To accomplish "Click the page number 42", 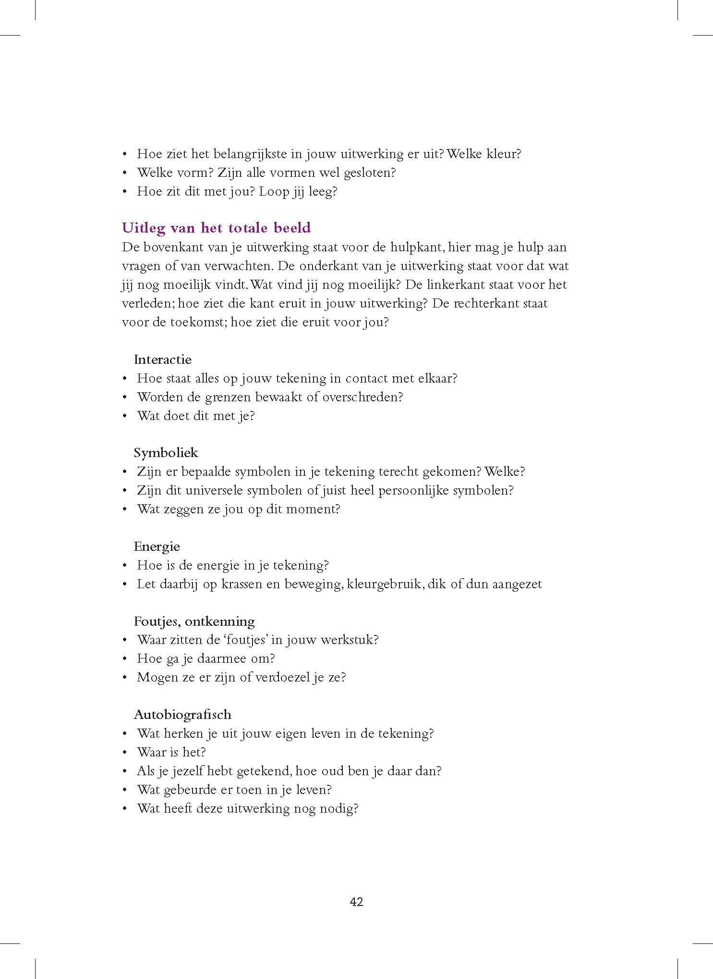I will pos(356,902).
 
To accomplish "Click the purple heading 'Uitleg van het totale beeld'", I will pos(217,227).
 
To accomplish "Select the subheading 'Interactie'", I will pos(162,359).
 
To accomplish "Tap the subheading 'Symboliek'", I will pos(166,453).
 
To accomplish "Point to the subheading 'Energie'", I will pos(157,546).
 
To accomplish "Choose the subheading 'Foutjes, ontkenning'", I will pos(194,621).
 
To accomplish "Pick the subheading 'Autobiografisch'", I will pos(182,715).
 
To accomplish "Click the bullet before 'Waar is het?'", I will pos(125,753).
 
